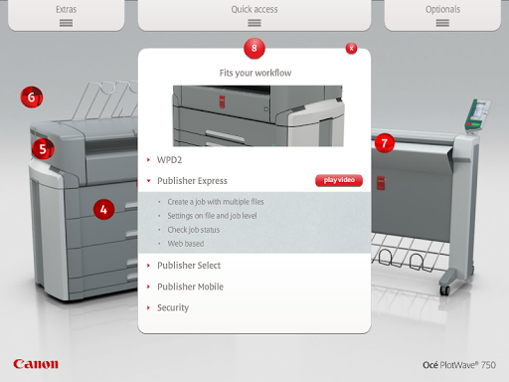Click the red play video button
[x=339, y=180]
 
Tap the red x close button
[x=351, y=49]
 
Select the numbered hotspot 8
[x=254, y=48]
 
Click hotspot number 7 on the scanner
[x=385, y=143]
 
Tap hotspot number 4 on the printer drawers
[x=103, y=209]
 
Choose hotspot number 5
[x=43, y=149]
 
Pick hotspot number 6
[x=32, y=96]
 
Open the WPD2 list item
[x=169, y=160]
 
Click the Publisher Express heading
[x=192, y=181]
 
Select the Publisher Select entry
[x=189, y=266]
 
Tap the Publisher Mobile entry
[x=190, y=286]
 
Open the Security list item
[x=173, y=307]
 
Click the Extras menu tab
[x=66, y=15]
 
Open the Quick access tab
[x=254, y=15]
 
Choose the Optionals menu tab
[x=442, y=15]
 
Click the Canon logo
[x=36, y=364]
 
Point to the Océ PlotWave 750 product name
[x=459, y=365]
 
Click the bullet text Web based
[x=186, y=244]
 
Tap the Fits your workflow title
[x=255, y=73]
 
